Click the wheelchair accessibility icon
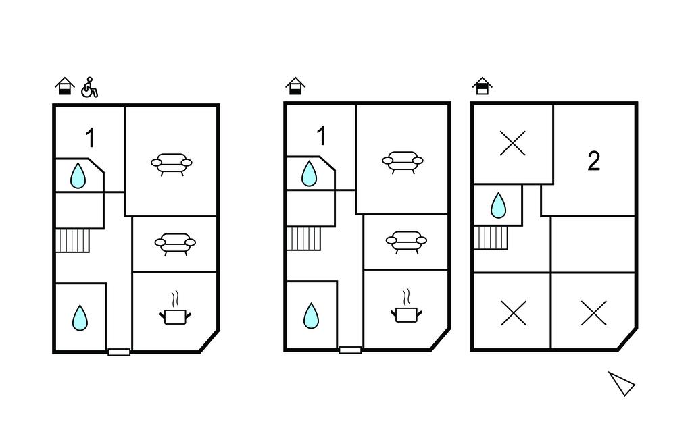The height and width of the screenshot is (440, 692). [89, 87]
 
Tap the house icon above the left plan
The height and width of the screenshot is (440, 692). [65, 86]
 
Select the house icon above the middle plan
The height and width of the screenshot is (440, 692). [295, 86]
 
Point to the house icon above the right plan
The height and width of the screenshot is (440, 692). [483, 86]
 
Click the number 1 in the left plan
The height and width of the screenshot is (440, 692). [90, 138]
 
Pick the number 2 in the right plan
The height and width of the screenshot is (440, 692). [593, 161]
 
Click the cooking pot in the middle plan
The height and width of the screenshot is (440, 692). [406, 306]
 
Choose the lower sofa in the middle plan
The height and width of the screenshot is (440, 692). [406, 242]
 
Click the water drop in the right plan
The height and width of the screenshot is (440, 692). [499, 205]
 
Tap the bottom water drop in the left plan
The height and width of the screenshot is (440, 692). [80, 317]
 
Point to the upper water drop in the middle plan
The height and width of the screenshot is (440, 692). [310, 173]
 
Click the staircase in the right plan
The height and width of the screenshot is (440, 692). [491, 238]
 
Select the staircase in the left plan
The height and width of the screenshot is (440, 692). [72, 241]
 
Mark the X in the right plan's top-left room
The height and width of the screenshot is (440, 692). [513, 143]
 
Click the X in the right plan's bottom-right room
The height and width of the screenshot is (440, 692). [593, 312]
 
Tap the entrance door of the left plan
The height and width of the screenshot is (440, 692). [119, 352]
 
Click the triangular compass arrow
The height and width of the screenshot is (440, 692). [622, 383]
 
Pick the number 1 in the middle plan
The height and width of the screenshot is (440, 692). [321, 136]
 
